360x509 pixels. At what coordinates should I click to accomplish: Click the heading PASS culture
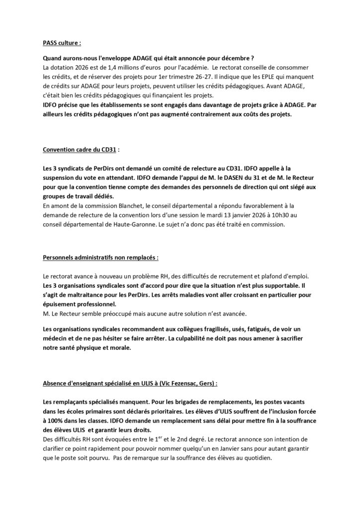(x=62, y=43)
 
